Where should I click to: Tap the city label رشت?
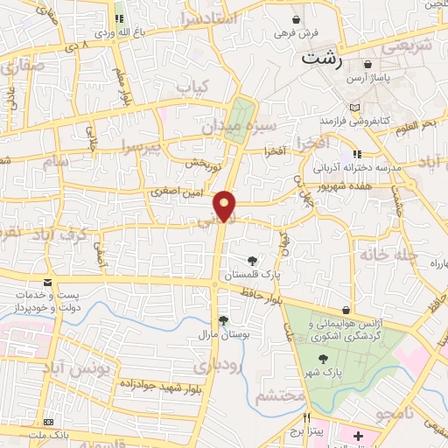[x=323, y=59]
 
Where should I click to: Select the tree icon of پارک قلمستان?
[x=252, y=260]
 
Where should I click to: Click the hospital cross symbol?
[x=358, y=435]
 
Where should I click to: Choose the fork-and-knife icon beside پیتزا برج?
[x=306, y=417]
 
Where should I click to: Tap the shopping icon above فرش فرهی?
[x=297, y=18]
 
